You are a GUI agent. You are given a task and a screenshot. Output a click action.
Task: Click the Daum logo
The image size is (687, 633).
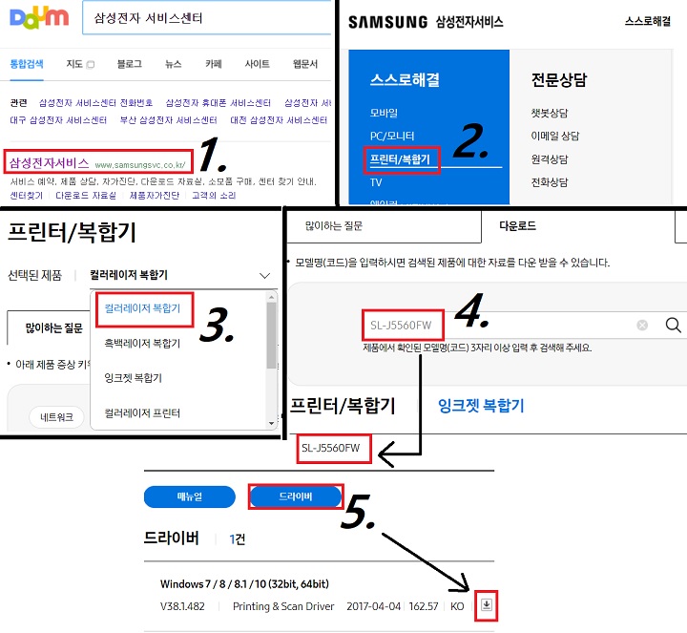click(x=35, y=18)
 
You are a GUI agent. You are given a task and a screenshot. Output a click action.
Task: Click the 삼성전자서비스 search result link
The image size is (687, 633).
click(x=49, y=163)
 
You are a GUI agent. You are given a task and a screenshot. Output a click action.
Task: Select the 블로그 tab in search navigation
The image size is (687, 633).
click(x=129, y=64)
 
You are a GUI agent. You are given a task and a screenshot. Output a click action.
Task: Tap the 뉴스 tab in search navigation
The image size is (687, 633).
click(x=173, y=64)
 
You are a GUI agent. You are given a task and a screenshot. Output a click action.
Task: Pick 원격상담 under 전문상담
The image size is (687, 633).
click(x=550, y=159)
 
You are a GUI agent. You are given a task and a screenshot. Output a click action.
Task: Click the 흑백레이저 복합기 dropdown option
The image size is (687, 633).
click(x=142, y=342)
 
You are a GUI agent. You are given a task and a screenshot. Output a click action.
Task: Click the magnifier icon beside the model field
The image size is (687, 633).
click(x=673, y=326)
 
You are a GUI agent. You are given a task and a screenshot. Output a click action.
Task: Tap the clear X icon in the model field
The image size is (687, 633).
click(x=642, y=326)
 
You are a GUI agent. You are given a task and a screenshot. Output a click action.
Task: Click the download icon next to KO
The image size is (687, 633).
click(x=487, y=605)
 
